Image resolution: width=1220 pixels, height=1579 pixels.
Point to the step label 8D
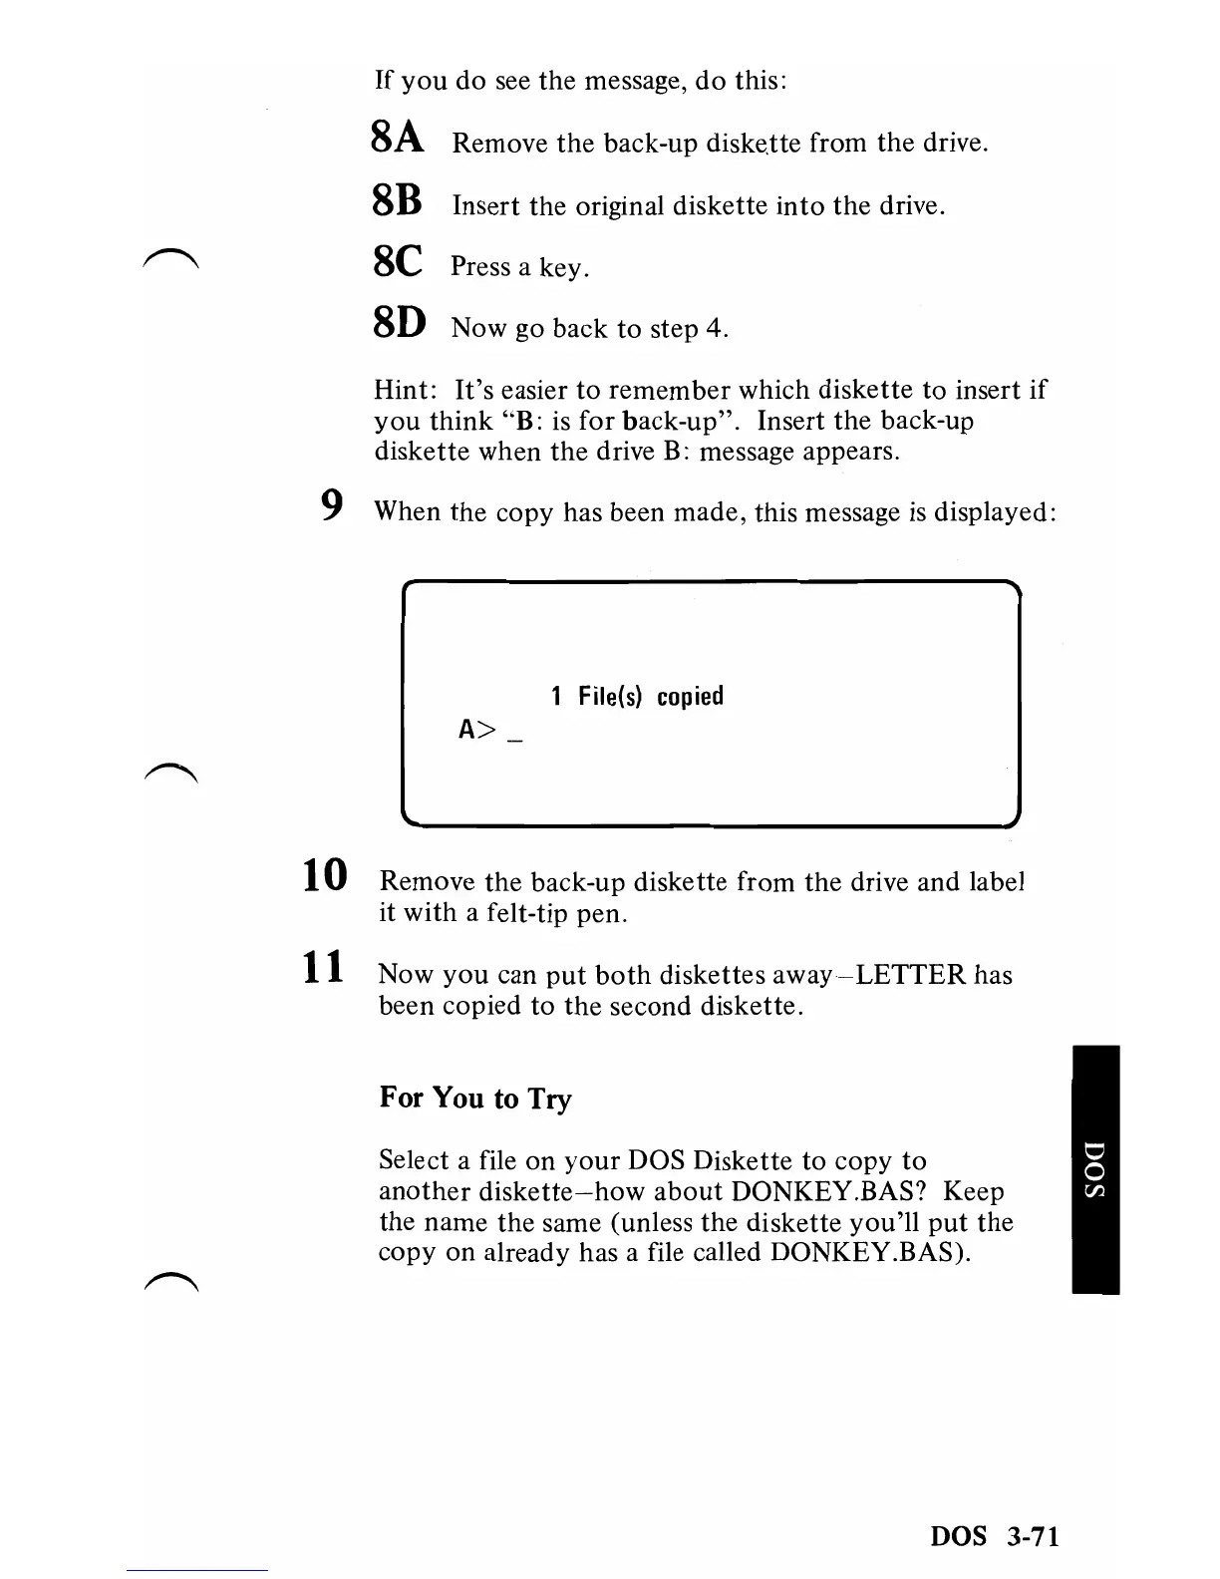(399, 323)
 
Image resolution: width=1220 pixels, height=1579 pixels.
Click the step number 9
(333, 506)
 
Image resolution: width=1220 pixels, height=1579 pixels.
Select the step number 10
(325, 875)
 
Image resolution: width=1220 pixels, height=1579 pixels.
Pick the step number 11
(325, 968)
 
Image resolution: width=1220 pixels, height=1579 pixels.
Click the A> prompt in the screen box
(476, 731)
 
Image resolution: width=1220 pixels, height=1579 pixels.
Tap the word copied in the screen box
(690, 696)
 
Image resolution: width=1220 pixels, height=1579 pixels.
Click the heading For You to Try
(475, 1099)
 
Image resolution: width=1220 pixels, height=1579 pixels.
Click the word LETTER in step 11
(911, 974)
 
